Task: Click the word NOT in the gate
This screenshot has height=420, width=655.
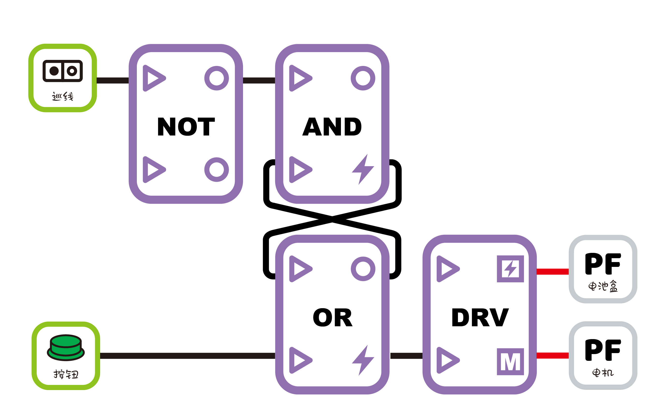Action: click(x=186, y=127)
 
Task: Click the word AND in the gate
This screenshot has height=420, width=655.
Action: click(x=332, y=127)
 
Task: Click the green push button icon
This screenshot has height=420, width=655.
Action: click(x=66, y=348)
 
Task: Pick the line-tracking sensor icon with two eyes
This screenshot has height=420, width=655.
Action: click(x=63, y=71)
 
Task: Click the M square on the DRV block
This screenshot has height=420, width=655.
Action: click(x=510, y=362)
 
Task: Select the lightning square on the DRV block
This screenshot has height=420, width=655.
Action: click(x=510, y=269)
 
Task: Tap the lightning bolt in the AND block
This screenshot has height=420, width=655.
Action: click(x=363, y=169)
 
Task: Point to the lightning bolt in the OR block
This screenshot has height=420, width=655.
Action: click(x=363, y=360)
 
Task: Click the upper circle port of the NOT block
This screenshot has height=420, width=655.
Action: click(x=216, y=78)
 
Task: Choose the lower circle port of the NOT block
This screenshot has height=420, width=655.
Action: click(x=216, y=170)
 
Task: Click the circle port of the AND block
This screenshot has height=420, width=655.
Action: click(x=363, y=78)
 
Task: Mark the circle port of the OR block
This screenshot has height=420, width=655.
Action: click(x=363, y=269)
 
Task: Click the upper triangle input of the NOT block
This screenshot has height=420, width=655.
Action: click(x=154, y=78)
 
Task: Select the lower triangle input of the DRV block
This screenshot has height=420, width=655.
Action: click(x=447, y=360)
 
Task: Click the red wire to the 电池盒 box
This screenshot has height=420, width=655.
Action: click(x=552, y=272)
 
